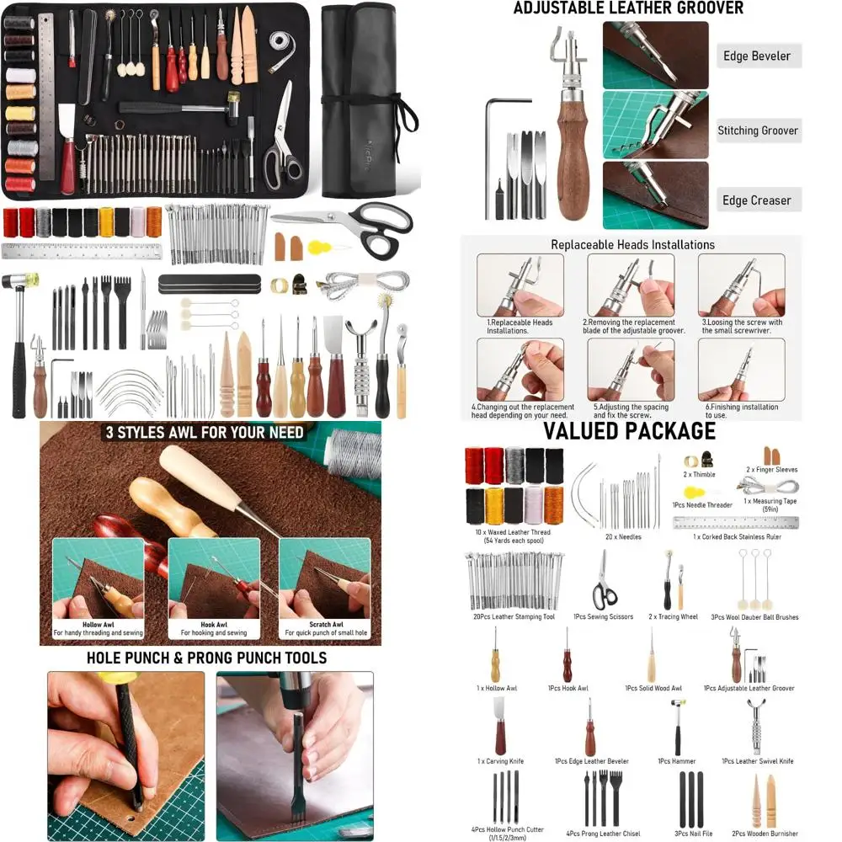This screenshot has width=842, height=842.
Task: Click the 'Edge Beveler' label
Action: (757, 56)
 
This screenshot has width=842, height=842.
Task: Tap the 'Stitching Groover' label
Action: (757, 131)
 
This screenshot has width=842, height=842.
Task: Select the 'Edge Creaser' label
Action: (756, 200)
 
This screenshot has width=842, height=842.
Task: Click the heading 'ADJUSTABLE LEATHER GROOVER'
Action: (629, 9)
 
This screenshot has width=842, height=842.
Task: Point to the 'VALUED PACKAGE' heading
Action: (629, 431)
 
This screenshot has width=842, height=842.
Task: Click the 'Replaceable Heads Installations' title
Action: (632, 245)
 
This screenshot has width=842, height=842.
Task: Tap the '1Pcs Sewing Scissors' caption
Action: (603, 617)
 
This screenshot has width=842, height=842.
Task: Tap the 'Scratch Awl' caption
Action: (325, 625)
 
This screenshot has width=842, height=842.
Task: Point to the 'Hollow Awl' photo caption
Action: (98, 625)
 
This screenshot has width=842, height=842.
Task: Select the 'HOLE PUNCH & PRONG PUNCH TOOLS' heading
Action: (207, 658)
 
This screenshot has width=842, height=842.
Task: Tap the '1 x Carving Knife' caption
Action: (500, 761)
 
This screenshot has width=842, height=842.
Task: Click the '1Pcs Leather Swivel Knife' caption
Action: (757, 761)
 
